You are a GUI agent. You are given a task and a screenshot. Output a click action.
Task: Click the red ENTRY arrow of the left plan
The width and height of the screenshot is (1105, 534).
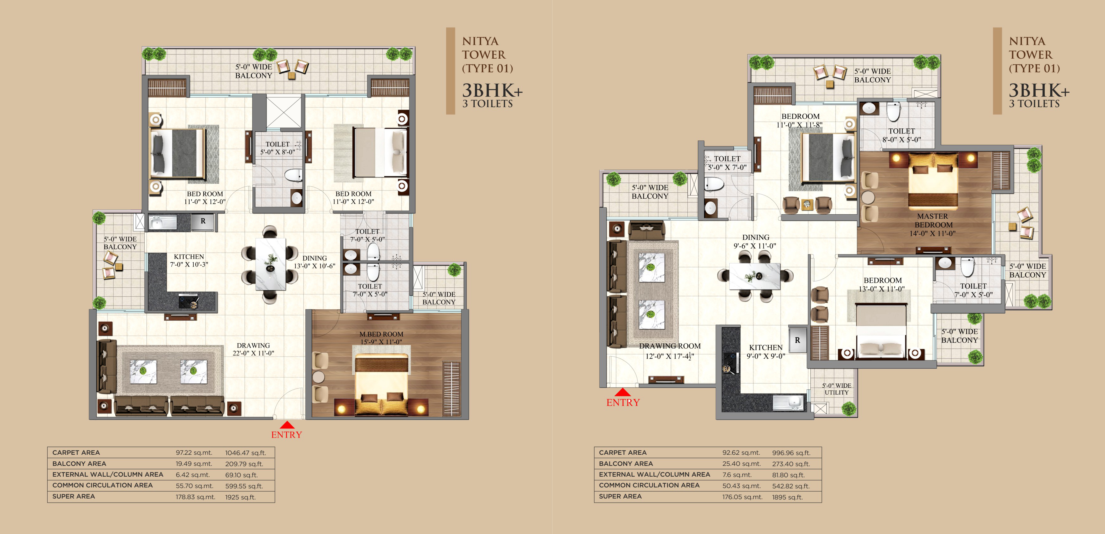[x=287, y=425]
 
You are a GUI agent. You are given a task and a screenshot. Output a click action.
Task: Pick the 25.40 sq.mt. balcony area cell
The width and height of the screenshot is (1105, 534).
[x=741, y=464]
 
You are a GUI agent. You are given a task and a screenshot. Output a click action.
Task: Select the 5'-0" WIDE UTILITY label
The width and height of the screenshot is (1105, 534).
[x=836, y=389]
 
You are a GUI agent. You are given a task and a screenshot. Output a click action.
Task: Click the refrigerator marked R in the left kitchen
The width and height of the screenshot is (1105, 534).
[x=203, y=221]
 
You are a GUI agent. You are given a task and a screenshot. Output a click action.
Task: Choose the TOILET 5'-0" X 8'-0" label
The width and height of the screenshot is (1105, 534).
[x=278, y=148]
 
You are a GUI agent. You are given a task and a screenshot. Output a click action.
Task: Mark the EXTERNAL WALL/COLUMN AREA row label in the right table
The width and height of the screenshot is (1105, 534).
[x=654, y=474]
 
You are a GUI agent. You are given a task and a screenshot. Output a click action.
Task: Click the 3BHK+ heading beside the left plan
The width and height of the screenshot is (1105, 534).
[x=492, y=90]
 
